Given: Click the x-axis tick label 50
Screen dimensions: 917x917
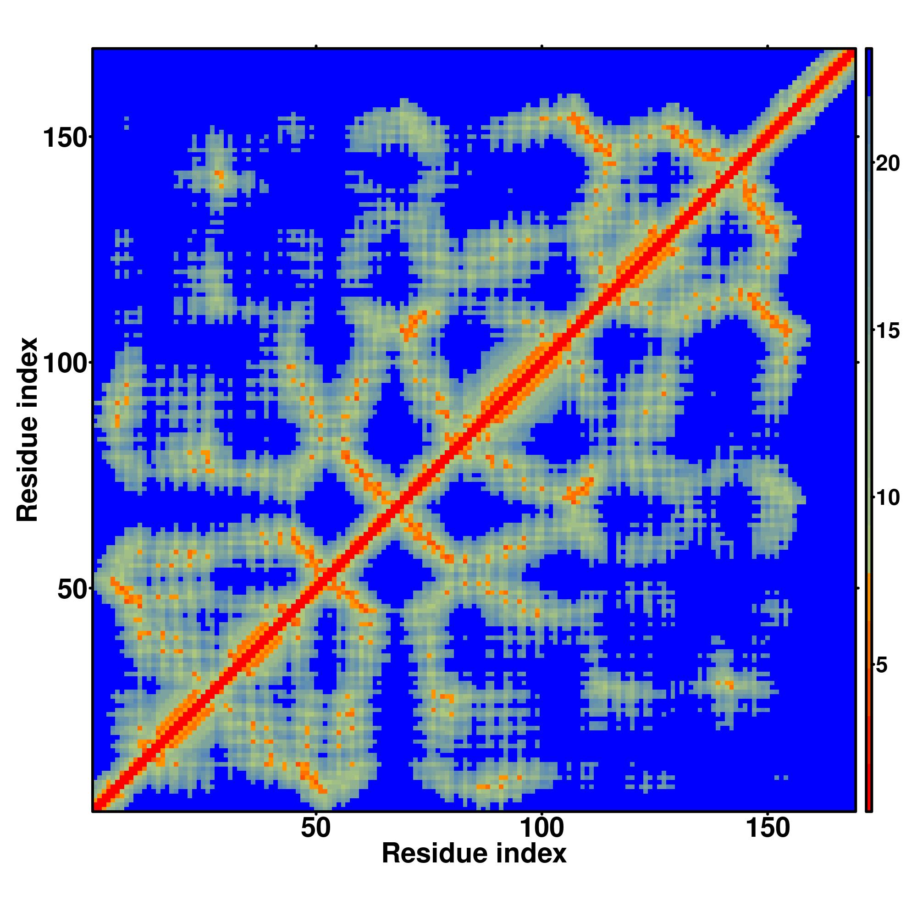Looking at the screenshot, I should [x=315, y=828].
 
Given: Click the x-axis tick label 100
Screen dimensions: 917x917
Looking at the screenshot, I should [x=541, y=828].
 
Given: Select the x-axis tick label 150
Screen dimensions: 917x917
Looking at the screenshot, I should [x=768, y=828].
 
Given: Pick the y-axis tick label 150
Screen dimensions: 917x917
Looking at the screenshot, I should [x=66, y=138].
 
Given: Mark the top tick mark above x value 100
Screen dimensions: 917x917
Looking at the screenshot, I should [x=541, y=46].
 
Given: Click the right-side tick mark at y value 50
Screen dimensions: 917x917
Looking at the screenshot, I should [x=858, y=589].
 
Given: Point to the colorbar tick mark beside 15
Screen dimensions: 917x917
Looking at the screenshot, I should [x=874, y=331].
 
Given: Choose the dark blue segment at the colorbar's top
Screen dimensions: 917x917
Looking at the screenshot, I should [x=868, y=71].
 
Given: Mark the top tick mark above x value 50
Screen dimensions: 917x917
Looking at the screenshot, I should [x=315, y=46].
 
